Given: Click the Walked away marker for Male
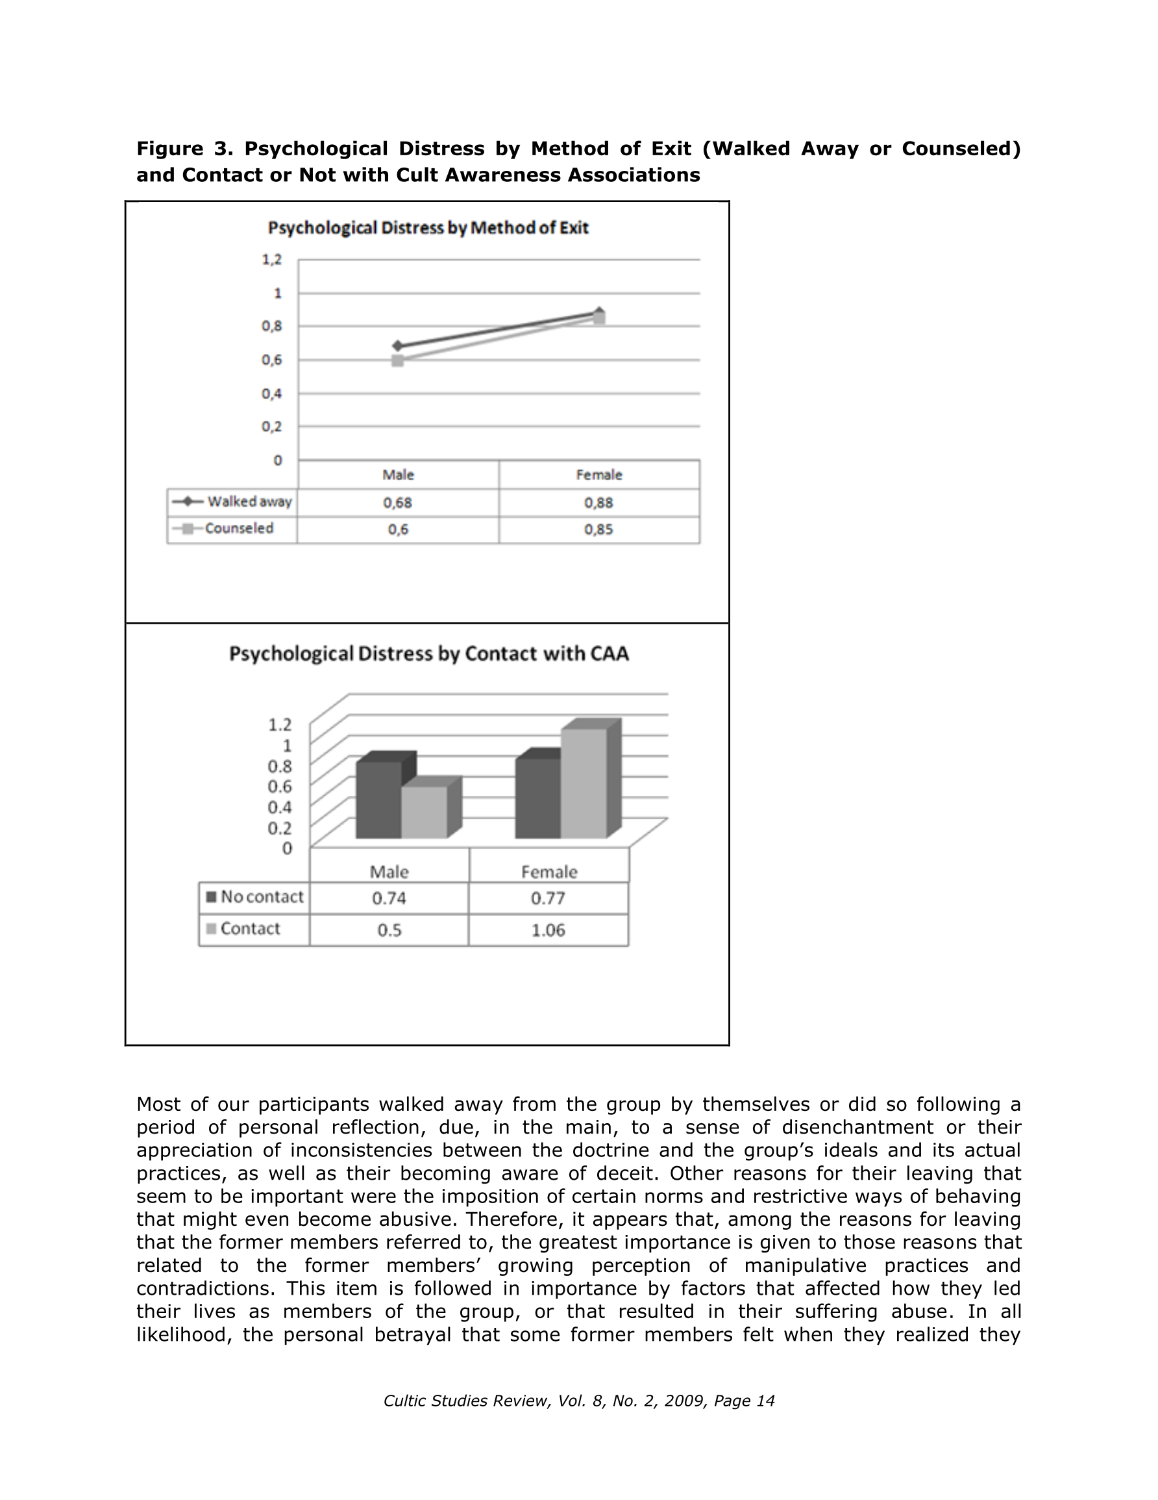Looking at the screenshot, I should (x=397, y=346).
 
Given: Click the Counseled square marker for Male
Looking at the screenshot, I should (x=397, y=361).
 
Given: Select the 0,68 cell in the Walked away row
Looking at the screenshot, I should (x=397, y=503).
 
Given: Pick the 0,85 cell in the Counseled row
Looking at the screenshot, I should (x=598, y=529).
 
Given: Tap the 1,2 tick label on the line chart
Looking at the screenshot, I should (x=272, y=260).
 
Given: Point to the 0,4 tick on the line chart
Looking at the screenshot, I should (x=272, y=394).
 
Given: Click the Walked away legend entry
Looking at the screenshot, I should (x=232, y=502).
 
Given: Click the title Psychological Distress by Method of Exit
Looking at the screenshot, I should (x=428, y=228).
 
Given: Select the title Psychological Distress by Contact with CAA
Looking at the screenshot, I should (x=428, y=653).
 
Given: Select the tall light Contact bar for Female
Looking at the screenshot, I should (x=584, y=783).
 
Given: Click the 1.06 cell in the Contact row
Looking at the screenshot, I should (x=548, y=931).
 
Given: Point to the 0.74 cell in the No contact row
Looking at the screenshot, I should (x=389, y=898).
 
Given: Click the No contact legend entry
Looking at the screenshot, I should (x=254, y=898).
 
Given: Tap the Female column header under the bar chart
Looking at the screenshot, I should (x=548, y=872).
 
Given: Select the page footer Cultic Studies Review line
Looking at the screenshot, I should (x=578, y=1401).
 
